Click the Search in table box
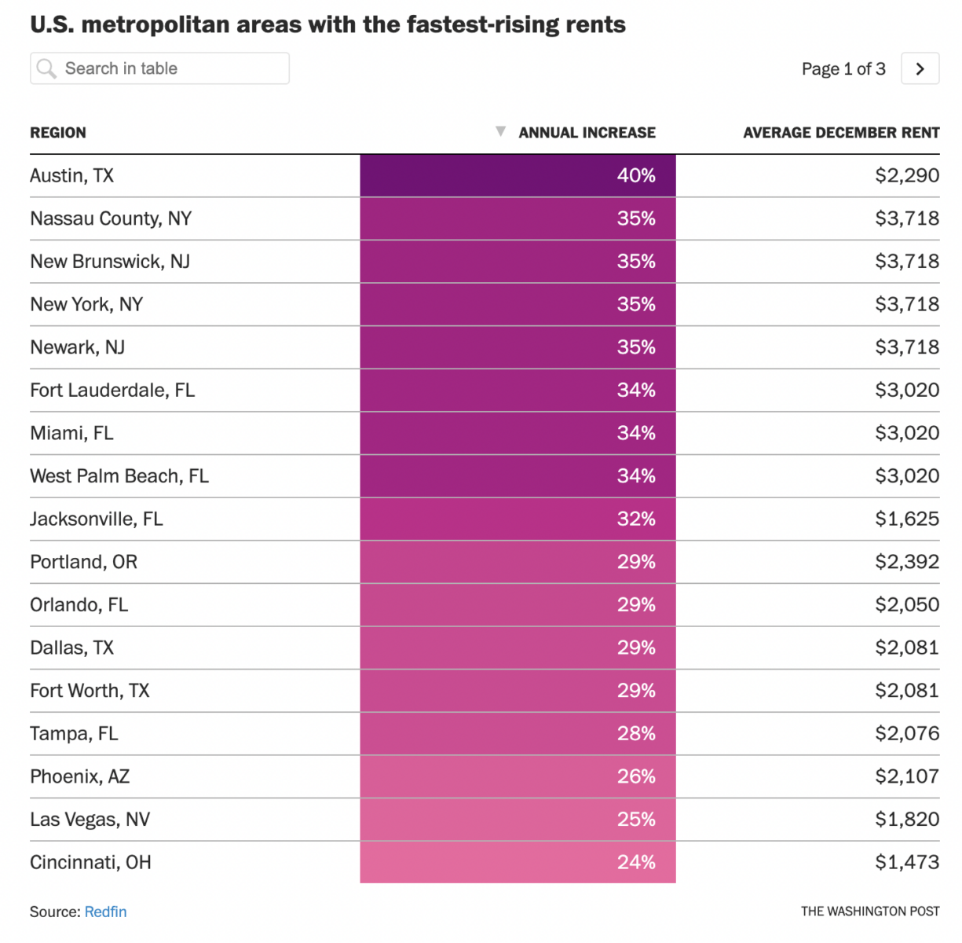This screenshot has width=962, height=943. (159, 68)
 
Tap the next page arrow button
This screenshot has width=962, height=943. (920, 69)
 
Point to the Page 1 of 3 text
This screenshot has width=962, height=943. (843, 69)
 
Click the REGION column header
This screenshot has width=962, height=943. (58, 133)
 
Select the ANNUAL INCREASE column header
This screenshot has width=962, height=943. (587, 133)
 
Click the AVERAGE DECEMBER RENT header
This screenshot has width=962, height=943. (841, 133)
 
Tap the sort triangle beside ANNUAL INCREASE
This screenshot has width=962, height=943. (500, 131)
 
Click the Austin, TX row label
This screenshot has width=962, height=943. (72, 175)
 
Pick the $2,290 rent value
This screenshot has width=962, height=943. (907, 175)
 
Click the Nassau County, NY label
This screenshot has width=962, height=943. (111, 218)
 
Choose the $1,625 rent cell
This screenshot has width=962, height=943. (907, 519)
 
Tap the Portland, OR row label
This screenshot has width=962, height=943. (84, 562)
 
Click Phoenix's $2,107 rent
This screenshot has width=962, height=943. (907, 776)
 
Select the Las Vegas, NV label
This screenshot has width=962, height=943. (90, 820)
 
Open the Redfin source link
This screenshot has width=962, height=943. (106, 912)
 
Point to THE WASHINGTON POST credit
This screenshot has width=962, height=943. (870, 912)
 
